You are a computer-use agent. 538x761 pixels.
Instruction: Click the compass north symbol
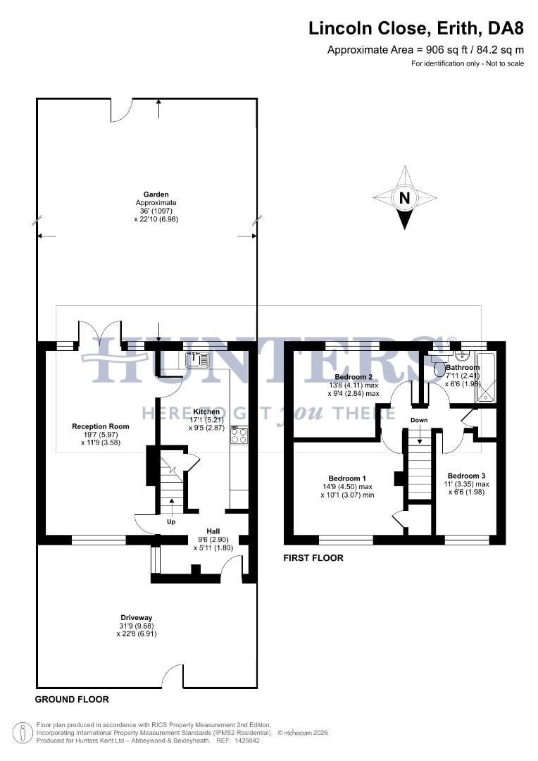(x=404, y=198)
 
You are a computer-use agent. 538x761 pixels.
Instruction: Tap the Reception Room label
(x=101, y=426)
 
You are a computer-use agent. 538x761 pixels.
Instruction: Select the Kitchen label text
(x=207, y=412)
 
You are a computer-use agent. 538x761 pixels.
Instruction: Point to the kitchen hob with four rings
(x=239, y=436)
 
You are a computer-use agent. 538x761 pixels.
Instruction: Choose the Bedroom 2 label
(x=354, y=377)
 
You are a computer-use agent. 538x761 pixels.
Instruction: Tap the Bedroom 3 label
(x=466, y=476)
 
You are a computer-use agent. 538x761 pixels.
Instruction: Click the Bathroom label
(x=462, y=368)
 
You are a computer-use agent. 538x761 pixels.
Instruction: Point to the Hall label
(x=213, y=531)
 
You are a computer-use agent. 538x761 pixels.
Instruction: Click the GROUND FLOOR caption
(x=72, y=700)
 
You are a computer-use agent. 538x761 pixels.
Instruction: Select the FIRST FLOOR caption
(x=313, y=558)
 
